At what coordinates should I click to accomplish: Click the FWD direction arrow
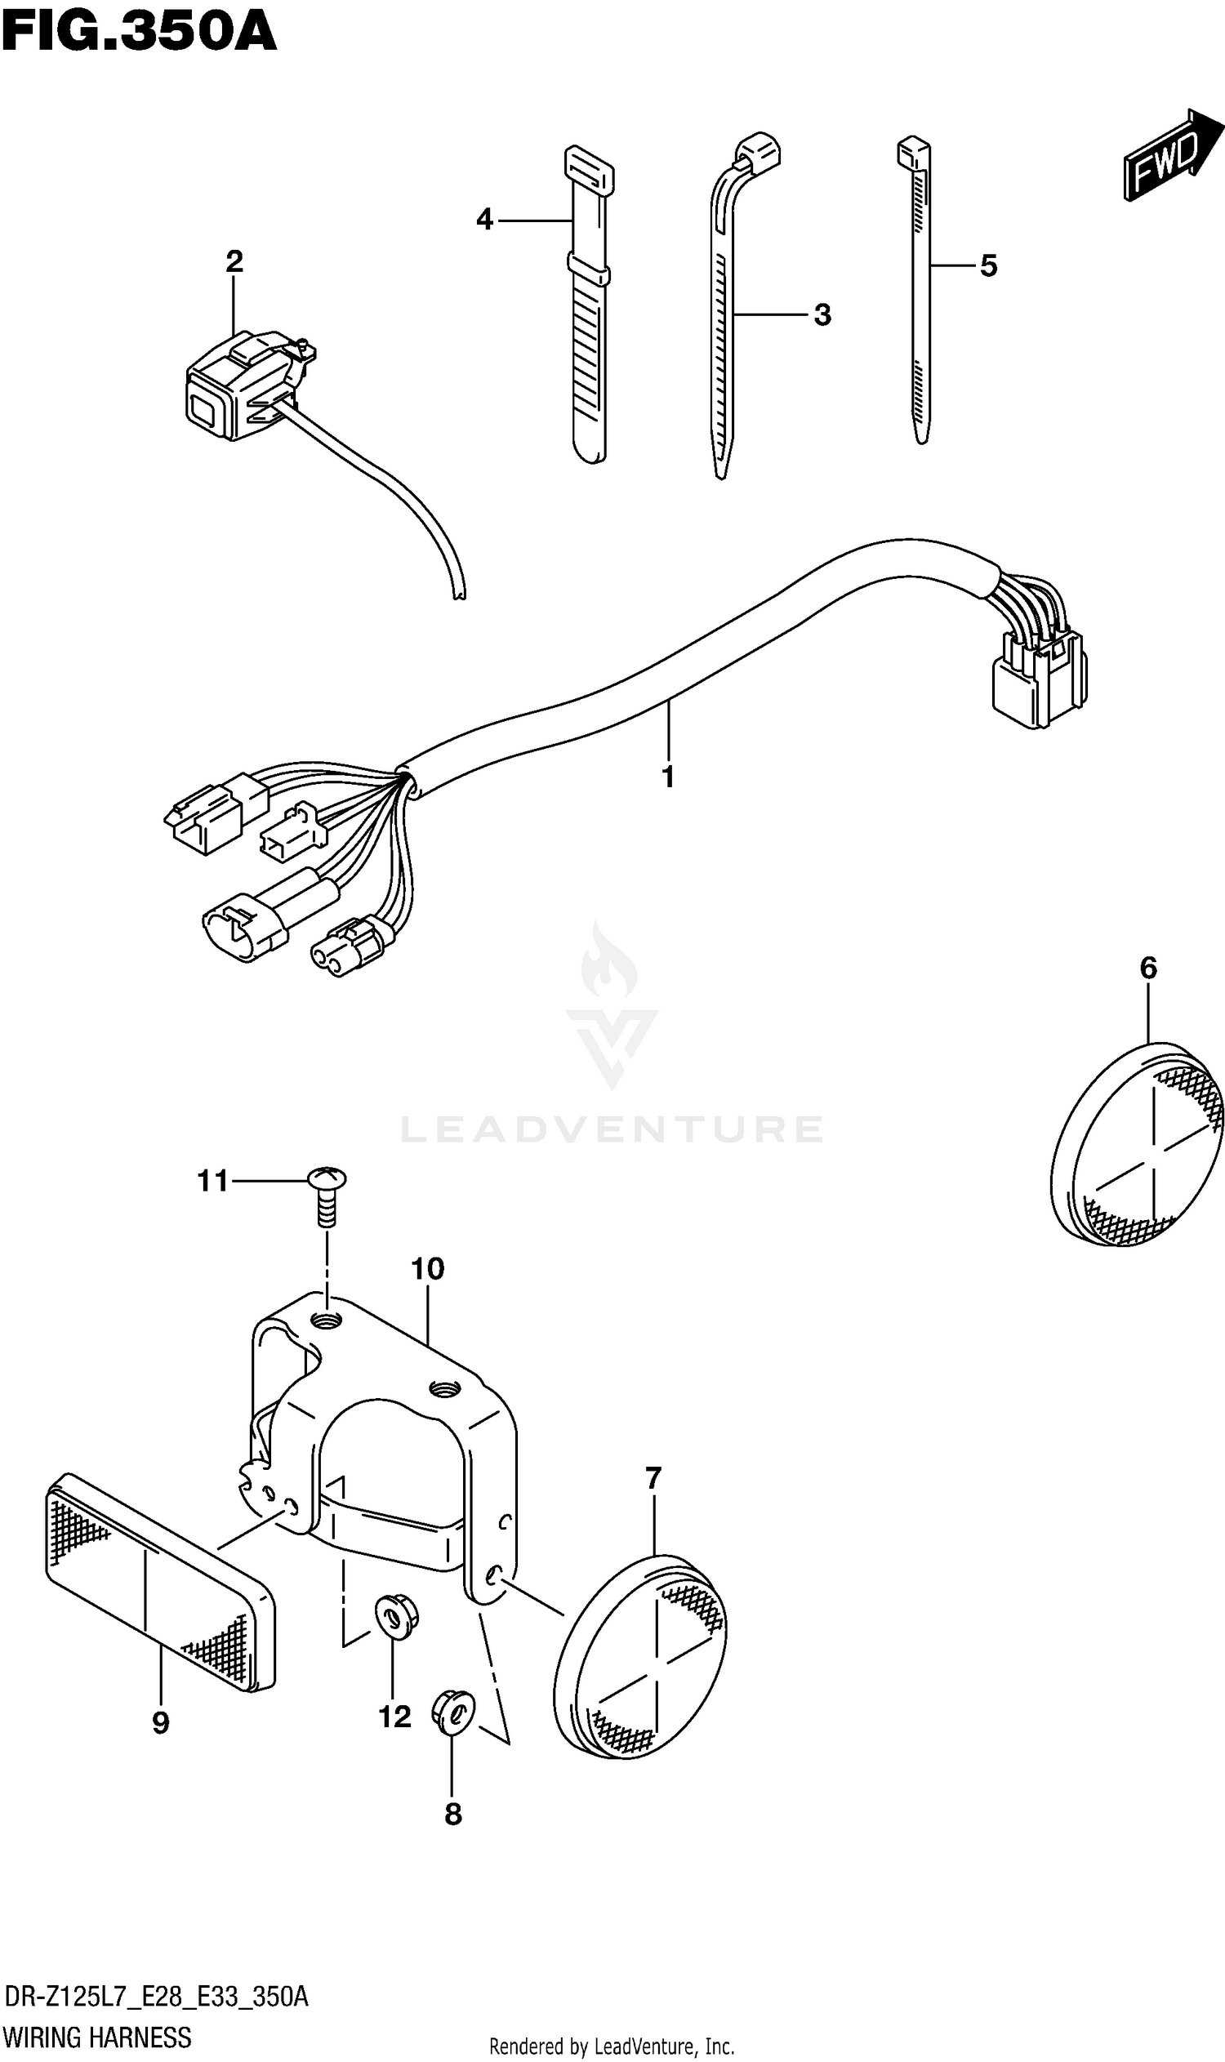click(1170, 154)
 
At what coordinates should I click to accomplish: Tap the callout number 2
click(234, 261)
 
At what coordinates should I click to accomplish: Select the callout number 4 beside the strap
click(484, 220)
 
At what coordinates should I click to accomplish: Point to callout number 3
click(822, 314)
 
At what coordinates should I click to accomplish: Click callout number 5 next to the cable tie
click(988, 265)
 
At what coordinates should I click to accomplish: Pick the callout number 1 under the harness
click(668, 777)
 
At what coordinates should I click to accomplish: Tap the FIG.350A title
click(139, 33)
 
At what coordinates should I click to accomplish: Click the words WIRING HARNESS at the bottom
click(97, 2038)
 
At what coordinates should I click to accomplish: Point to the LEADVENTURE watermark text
click(612, 1129)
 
